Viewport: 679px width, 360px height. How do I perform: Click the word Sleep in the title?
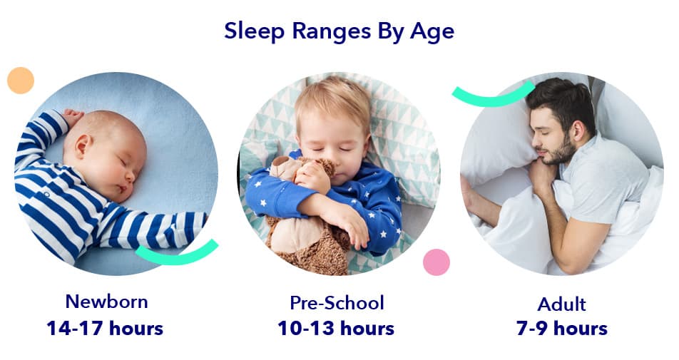[255, 31]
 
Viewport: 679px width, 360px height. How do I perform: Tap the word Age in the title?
[432, 32]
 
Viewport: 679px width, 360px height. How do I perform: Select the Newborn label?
[106, 302]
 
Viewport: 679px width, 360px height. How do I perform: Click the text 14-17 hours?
[105, 329]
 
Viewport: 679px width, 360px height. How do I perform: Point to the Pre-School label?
[337, 303]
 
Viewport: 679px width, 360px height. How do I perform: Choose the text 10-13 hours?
[336, 329]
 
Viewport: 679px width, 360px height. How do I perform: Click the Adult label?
[561, 304]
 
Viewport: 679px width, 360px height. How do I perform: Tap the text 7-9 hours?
[561, 329]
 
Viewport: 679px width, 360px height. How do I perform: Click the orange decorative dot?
[21, 81]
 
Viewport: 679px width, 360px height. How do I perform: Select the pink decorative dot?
[436, 262]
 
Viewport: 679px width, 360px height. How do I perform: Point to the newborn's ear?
[83, 146]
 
